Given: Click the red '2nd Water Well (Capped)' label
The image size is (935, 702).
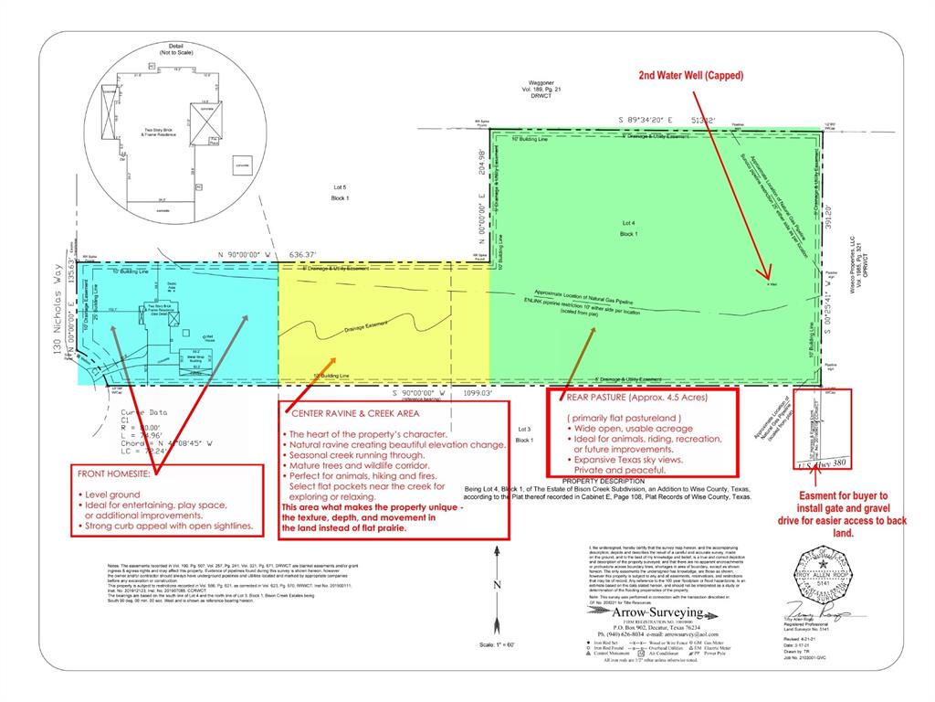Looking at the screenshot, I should [691, 75].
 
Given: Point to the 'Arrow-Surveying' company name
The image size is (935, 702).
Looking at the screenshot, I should [645, 612].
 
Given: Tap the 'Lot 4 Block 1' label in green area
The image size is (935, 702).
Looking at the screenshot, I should [627, 228].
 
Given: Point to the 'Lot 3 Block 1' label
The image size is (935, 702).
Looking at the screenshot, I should [524, 433].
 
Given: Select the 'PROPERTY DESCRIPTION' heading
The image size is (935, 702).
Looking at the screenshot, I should [604, 481].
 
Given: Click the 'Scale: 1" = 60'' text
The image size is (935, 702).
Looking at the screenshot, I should [493, 646].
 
